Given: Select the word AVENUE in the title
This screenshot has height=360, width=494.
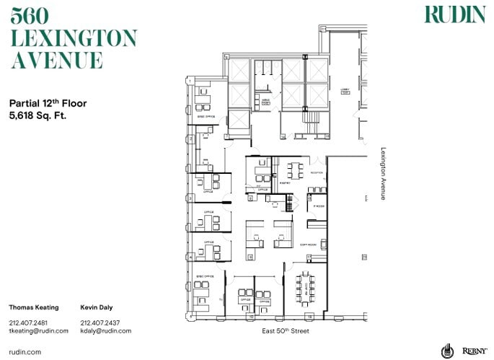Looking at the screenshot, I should click(57, 60).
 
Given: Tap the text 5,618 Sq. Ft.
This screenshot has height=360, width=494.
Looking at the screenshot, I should click(38, 115).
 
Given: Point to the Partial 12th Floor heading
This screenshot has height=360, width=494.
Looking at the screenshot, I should click(48, 103).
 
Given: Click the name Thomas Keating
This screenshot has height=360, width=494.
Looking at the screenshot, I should click(33, 307).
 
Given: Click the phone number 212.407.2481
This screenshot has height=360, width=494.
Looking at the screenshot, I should click(28, 322).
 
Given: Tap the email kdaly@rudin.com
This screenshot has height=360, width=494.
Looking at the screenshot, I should click(106, 330).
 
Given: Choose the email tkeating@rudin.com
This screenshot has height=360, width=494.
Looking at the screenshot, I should click(38, 330).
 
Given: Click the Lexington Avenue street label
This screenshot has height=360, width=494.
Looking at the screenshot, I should click(383, 174).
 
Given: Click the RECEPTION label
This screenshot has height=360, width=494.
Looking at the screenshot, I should click(317, 173).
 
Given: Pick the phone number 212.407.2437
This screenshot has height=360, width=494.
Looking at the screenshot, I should click(100, 322).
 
